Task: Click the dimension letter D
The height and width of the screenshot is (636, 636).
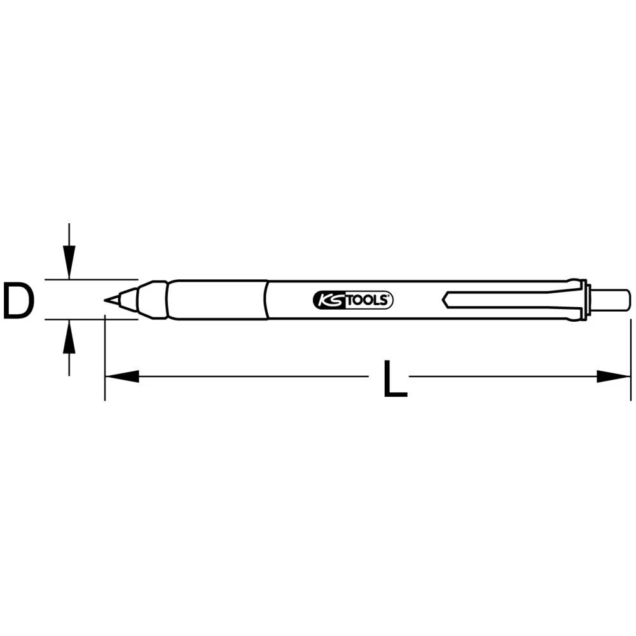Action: [17, 301]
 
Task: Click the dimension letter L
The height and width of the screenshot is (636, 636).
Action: [394, 379]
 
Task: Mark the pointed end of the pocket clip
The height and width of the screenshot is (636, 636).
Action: [445, 299]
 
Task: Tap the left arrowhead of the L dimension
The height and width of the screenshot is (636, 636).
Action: [121, 377]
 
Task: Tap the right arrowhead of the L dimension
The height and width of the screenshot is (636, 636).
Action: [614, 377]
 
